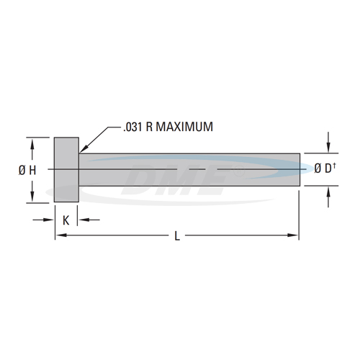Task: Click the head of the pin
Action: (x=67, y=169)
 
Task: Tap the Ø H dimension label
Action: (x=28, y=170)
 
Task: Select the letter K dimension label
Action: (x=66, y=220)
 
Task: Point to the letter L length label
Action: (x=177, y=235)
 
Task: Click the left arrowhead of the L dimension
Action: (x=59, y=235)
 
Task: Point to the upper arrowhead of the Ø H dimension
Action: (x=32, y=142)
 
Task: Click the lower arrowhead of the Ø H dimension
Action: (x=32, y=198)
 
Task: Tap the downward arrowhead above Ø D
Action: (x=329, y=148)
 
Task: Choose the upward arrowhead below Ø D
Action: (x=329, y=192)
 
